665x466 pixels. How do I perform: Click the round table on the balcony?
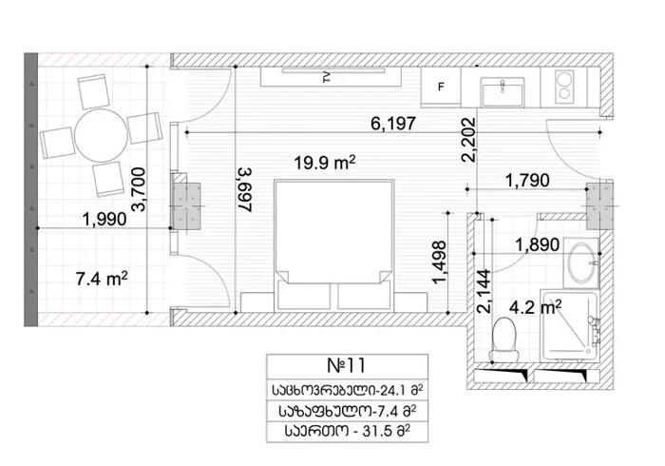click(101, 135)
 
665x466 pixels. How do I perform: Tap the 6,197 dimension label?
click(393, 124)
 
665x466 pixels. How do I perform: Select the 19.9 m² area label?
click(325, 162)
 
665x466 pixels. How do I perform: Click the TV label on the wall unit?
click(327, 77)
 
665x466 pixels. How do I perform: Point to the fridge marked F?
click(441, 87)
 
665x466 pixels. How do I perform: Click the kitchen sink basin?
click(503, 92)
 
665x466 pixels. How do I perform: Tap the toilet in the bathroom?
click(503, 340)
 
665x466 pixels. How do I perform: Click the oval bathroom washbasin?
click(581, 263)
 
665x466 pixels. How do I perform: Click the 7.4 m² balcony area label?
click(102, 279)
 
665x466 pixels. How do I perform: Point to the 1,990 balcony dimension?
click(104, 219)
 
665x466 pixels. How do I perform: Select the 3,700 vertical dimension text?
click(139, 189)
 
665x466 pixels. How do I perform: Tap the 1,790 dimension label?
click(527, 181)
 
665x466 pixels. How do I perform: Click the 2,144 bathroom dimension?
click(484, 291)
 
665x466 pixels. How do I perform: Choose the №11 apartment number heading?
click(347, 365)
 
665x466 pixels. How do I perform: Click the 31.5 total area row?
click(348, 432)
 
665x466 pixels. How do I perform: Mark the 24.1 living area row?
click(348, 390)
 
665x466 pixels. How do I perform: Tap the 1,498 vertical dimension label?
click(439, 262)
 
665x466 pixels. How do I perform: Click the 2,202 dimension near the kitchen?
click(468, 140)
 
